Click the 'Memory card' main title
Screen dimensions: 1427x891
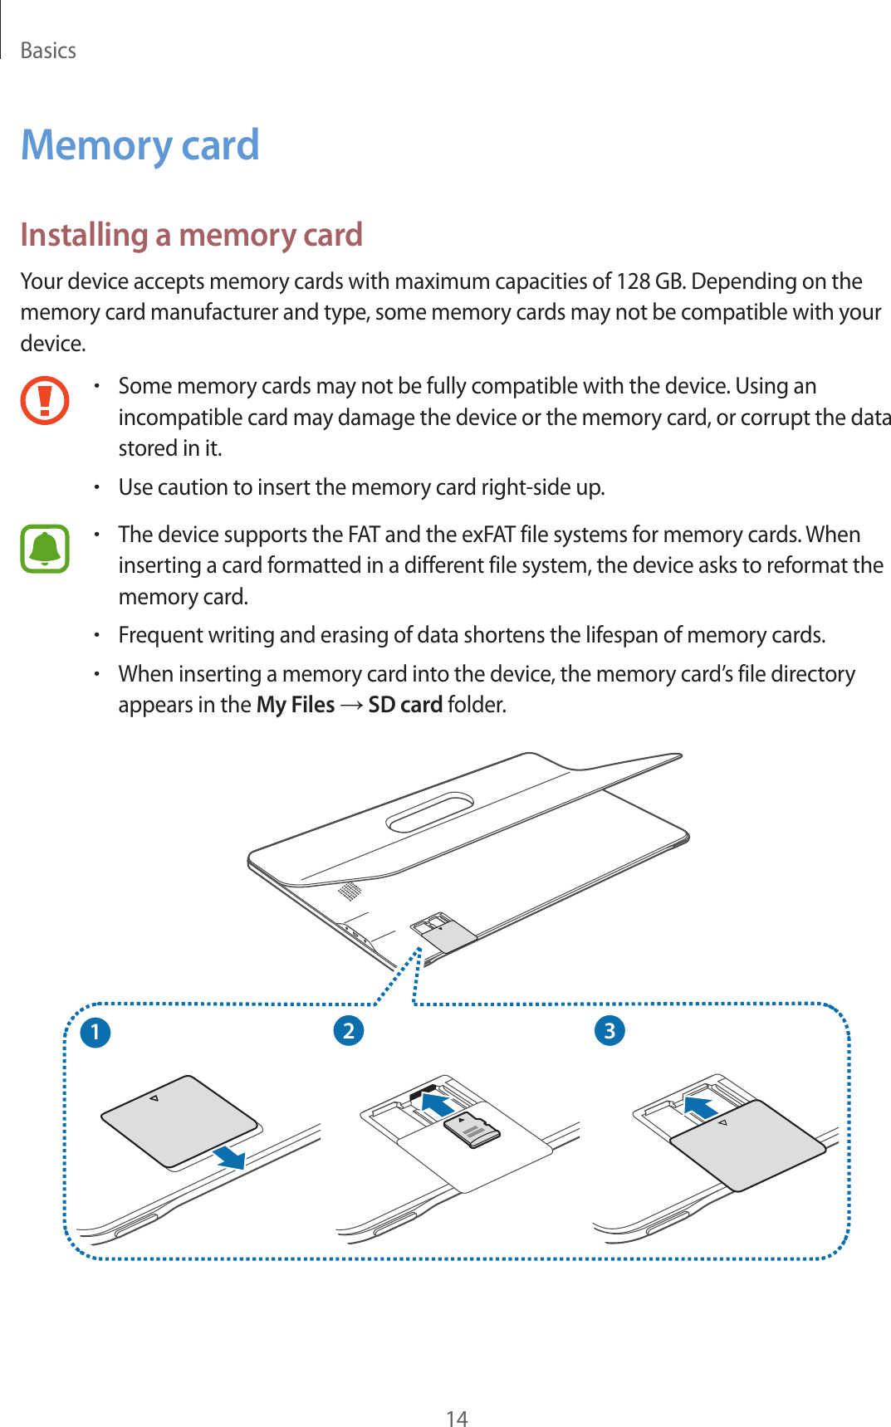tap(140, 145)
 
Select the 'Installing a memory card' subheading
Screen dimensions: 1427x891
tap(191, 235)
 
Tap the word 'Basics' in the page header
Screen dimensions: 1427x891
tap(48, 51)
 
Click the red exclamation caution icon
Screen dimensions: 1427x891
tap(45, 400)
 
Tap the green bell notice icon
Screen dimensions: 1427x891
tap(45, 548)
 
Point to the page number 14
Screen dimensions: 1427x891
tap(457, 1418)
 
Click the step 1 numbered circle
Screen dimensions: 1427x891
tap(95, 1032)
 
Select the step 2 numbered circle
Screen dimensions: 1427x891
tap(349, 1030)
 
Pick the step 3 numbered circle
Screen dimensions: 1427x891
tap(610, 1030)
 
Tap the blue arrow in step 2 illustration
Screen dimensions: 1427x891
tap(437, 1104)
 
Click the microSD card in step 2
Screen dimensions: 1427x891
tap(472, 1130)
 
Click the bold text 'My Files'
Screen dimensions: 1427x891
tap(296, 705)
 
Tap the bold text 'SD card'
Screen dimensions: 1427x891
tap(404, 705)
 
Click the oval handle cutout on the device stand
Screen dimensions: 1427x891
tap(429, 813)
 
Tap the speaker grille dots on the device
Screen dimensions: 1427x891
tap(350, 892)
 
